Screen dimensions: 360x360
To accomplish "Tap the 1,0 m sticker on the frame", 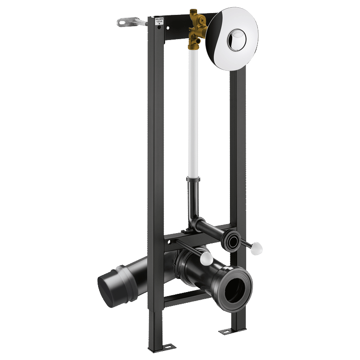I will coord(159,21).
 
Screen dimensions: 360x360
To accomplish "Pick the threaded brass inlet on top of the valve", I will coord(194,12).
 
